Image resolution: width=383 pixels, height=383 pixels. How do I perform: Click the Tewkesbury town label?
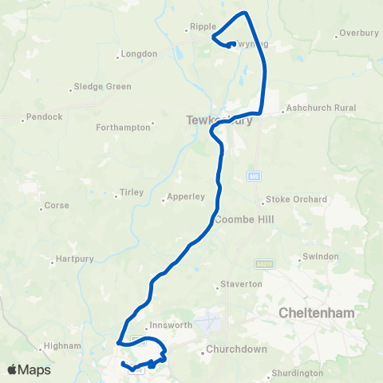208,120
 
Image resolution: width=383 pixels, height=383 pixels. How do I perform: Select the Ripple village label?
200,26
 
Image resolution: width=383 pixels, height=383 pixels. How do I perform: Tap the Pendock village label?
44,116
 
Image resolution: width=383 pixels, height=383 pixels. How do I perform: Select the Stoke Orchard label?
296,199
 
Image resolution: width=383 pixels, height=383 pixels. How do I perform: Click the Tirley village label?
131,192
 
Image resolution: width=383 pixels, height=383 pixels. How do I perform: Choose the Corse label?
57,205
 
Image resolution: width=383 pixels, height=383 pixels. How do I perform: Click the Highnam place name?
63,345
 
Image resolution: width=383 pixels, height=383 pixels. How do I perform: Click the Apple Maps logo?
30,369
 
